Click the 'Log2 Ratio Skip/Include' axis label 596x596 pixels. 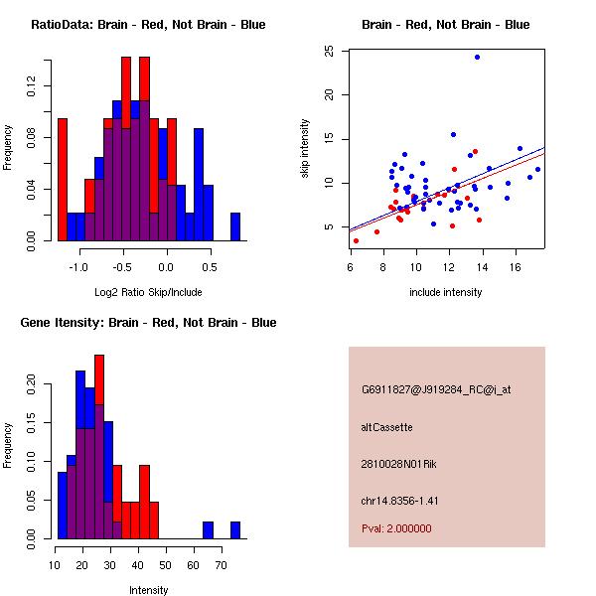[x=148, y=292]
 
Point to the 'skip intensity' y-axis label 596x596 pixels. [x=306, y=149]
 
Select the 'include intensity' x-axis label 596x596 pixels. [x=446, y=292]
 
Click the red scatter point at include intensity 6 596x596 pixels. [x=356, y=240]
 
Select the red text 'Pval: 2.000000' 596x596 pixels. [x=396, y=528]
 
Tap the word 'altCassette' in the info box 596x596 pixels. [x=386, y=427]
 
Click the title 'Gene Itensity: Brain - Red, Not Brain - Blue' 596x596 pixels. [x=148, y=323]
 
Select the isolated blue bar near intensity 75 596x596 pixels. [x=235, y=529]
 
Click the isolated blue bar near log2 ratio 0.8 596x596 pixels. [x=235, y=226]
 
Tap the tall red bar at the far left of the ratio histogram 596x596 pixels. [x=62, y=179]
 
